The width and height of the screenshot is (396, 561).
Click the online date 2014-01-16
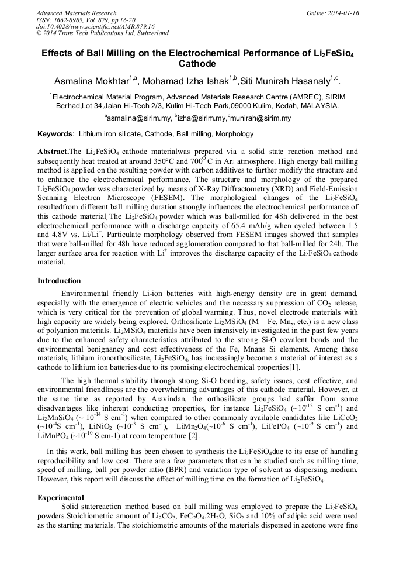click(341, 13)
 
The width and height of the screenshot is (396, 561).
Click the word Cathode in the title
click(197, 63)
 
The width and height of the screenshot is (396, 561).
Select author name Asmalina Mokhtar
click(93, 80)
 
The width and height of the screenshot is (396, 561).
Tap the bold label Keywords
click(55, 134)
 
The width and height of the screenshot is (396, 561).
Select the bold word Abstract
click(53, 152)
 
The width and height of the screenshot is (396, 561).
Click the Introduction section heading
click(59, 281)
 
